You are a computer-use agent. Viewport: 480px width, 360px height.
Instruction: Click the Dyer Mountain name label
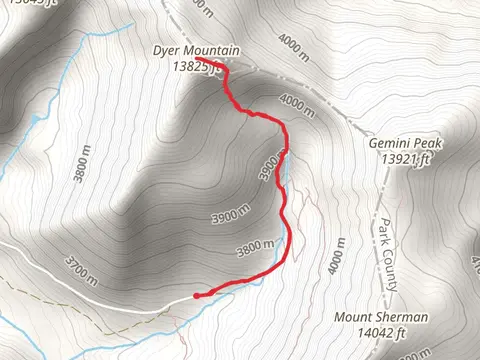[195, 51]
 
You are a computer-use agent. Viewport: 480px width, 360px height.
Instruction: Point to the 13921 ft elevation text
[405, 158]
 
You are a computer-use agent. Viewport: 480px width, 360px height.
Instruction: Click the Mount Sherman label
[381, 318]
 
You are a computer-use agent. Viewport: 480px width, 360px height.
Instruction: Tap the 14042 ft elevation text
[381, 333]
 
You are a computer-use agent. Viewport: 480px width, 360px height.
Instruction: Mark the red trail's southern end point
[196, 295]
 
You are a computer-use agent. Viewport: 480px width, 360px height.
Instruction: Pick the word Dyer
[167, 51]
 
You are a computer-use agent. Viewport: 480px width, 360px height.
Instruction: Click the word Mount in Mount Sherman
[354, 318]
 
